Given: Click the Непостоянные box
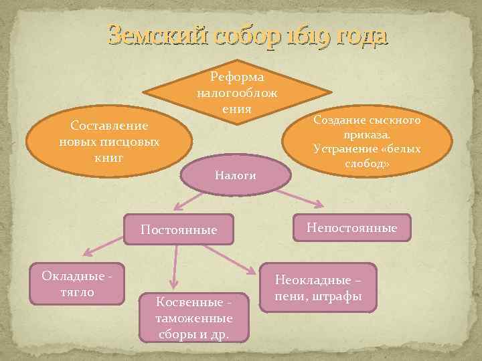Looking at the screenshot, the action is (351, 228).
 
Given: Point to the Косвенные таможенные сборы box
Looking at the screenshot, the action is (193, 314).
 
